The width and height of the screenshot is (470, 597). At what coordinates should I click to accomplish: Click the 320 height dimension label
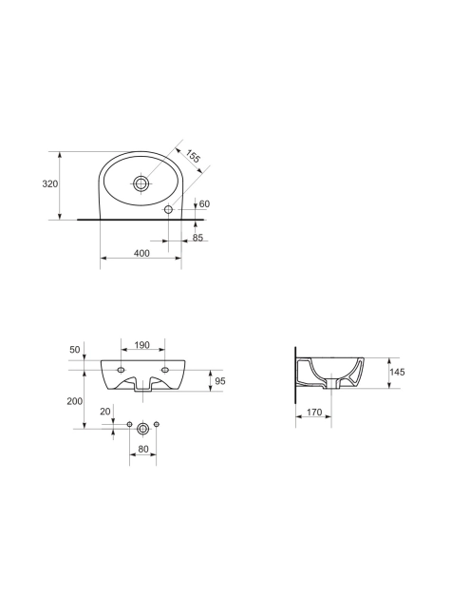[49, 183]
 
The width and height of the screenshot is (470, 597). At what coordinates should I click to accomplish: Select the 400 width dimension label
[141, 253]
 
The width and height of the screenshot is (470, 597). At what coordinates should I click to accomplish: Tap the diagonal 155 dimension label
[193, 157]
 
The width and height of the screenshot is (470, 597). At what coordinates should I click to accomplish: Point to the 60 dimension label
[204, 204]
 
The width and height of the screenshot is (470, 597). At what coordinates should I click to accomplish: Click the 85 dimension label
[197, 238]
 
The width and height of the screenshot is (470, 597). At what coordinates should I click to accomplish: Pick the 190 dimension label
[142, 345]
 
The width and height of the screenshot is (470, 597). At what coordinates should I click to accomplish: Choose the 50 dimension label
[75, 349]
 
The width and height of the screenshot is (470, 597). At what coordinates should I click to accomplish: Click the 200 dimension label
[74, 401]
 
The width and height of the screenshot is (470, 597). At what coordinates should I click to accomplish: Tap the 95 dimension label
[220, 381]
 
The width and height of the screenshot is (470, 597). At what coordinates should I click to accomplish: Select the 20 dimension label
[105, 412]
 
